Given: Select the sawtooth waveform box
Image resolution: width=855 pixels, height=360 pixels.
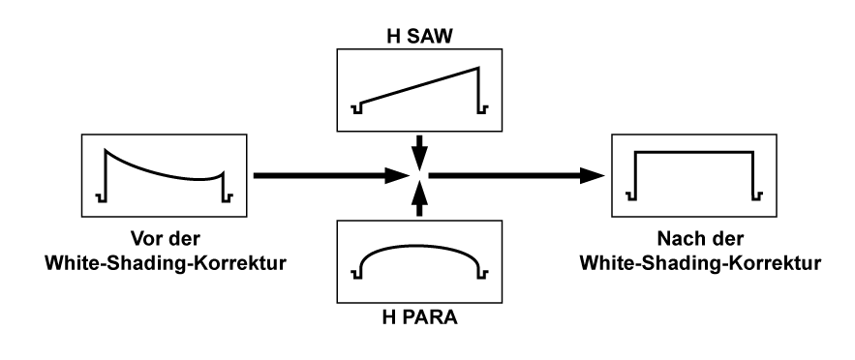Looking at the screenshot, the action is coord(418,90).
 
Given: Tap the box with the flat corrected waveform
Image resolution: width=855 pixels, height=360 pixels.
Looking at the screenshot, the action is coord(695,175).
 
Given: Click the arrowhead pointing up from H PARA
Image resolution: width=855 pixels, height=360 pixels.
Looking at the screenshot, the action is coord(418,194).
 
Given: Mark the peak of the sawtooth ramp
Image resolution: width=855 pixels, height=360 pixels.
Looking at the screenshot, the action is coord(479,68).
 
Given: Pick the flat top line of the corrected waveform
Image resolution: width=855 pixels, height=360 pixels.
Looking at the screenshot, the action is coord(693,152).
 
